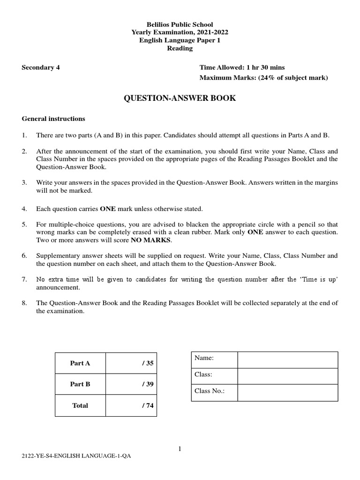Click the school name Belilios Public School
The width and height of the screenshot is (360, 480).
coord(180,24)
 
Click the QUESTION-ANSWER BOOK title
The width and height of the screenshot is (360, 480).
coord(180,98)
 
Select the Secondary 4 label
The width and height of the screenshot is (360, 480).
coord(41,67)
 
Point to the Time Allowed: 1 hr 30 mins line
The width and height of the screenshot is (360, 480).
coord(242,67)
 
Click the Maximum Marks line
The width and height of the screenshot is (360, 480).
coord(263,77)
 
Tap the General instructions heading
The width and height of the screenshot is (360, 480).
coord(53,119)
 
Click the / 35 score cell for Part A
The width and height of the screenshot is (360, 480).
coord(131,363)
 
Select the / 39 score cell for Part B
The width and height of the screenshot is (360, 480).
coord(131,384)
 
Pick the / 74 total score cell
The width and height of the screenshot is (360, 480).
coord(131,405)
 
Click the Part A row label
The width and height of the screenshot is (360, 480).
coord(80,363)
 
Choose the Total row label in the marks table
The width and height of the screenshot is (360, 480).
coord(80,405)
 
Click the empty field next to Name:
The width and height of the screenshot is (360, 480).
coord(287,360)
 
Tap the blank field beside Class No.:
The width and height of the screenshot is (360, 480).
coord(287,393)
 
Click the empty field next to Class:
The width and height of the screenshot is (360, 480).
coord(287,376)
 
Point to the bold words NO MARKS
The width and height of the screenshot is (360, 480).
coord(152,240)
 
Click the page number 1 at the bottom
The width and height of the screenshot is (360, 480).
coord(180,449)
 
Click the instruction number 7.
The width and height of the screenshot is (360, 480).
coord(24,279)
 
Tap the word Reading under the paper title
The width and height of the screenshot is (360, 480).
coord(180,48)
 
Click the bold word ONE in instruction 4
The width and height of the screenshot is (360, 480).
coord(108,209)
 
